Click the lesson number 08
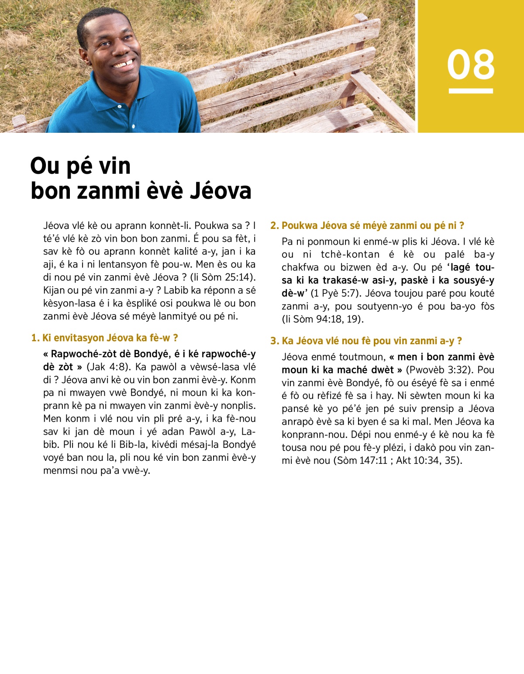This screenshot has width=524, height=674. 471,64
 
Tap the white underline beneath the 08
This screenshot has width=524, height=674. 471,91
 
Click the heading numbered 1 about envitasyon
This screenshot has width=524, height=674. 105,338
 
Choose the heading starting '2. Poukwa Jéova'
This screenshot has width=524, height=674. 367,225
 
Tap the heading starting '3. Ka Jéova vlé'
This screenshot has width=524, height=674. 366,341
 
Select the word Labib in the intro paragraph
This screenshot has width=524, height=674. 177,290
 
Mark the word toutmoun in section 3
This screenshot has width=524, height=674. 362,357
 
